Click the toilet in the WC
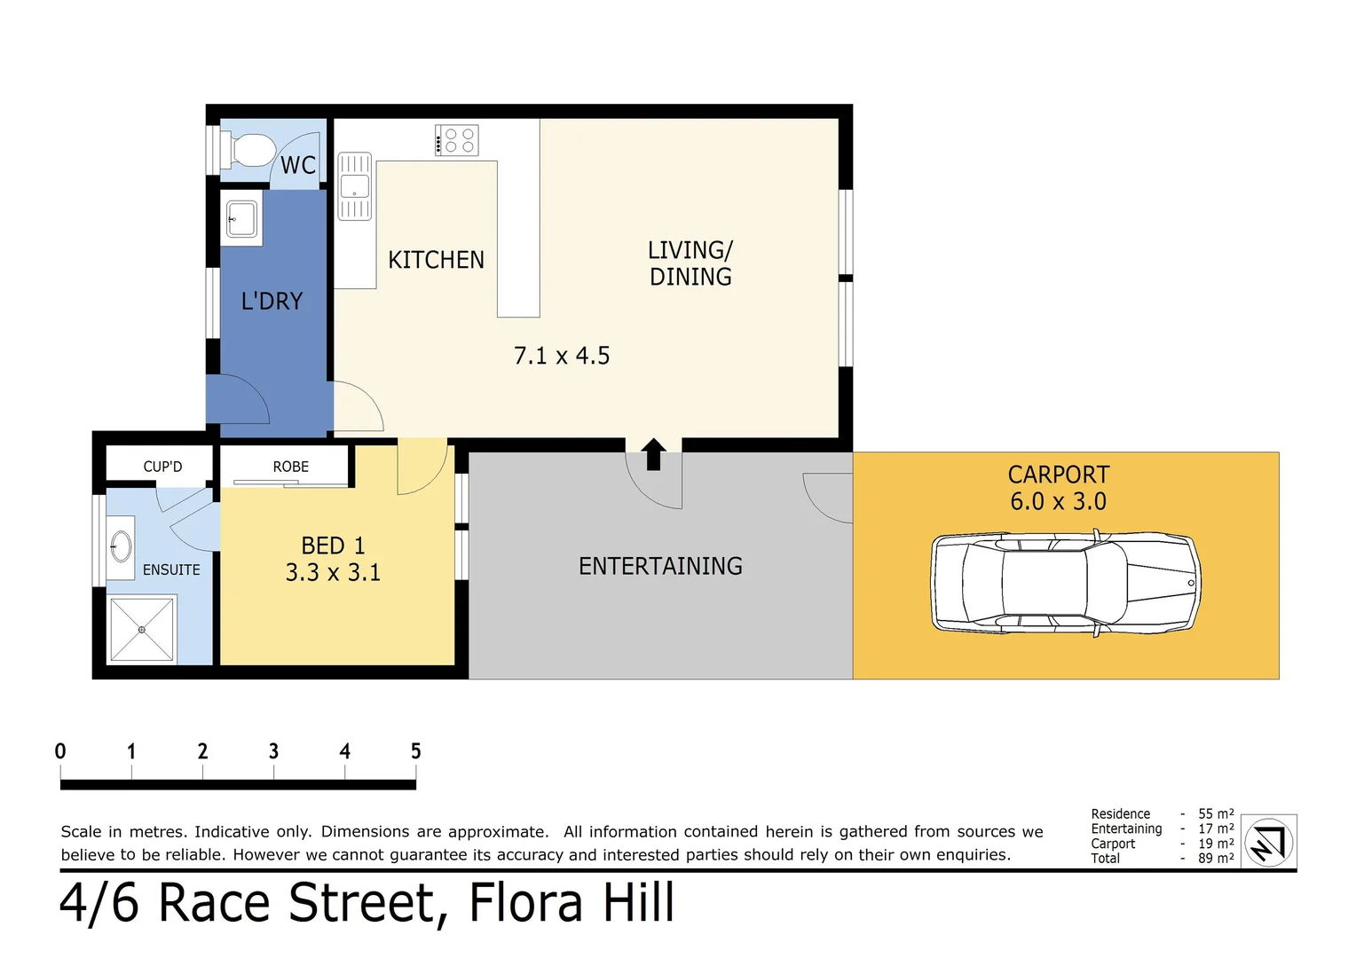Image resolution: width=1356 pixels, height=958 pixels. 248,150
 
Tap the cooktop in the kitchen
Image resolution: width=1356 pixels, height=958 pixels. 456,140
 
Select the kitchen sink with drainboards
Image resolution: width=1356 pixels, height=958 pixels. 355,185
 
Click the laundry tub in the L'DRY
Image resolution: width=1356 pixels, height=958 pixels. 241,218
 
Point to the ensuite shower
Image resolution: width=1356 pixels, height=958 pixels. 142,630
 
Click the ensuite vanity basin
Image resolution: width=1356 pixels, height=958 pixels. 121,547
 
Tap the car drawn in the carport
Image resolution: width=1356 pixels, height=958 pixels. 1066,583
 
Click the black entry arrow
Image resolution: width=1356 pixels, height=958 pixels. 653,454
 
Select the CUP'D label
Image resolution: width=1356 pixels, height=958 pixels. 162,467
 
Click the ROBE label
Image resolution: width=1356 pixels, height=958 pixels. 290,467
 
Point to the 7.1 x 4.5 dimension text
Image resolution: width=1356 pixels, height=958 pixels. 562,356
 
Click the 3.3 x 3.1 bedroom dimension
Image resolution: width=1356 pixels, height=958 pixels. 333,572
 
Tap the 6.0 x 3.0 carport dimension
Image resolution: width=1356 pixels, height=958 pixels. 1058,501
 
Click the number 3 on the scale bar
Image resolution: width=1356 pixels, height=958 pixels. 273,751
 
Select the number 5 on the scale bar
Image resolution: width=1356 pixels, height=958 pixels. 416,751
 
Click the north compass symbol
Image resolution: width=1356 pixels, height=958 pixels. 1269,843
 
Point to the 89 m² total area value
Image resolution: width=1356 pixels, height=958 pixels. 1216,858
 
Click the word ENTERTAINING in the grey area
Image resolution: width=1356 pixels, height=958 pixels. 660,567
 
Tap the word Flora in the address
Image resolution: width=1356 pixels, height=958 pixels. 525,902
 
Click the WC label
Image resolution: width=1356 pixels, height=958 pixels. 298,165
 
